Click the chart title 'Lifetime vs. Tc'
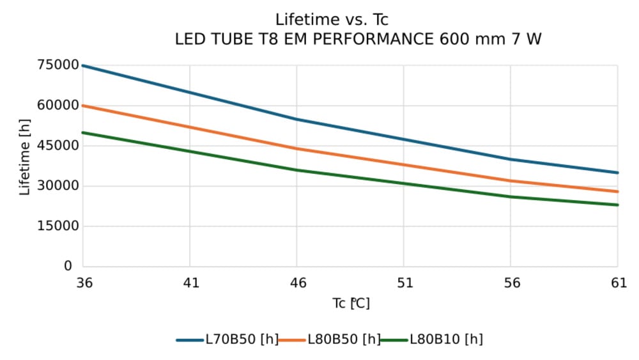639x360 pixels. [x=332, y=20]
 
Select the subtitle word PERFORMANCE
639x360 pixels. [x=357, y=39]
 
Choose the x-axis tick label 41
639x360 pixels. [x=190, y=283]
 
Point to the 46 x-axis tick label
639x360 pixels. [x=297, y=283]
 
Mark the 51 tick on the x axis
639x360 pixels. [x=404, y=283]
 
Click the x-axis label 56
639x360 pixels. [x=511, y=283]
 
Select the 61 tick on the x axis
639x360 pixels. [x=618, y=283]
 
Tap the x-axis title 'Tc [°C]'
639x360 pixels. [x=351, y=303]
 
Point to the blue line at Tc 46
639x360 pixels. [x=296, y=119]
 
